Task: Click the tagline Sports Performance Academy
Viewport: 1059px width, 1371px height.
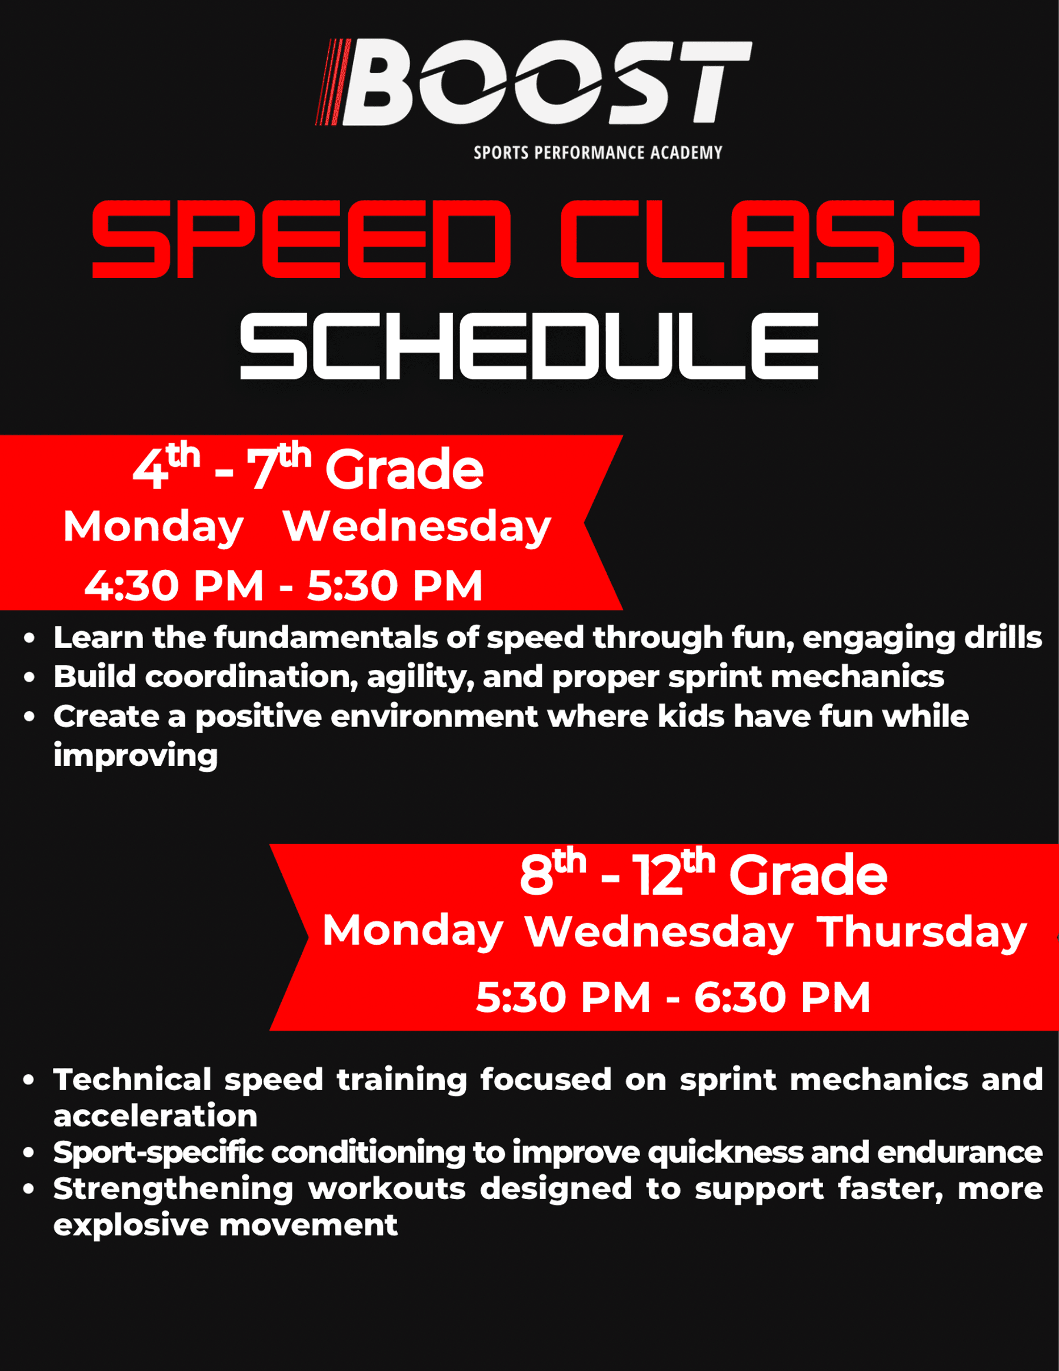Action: pyautogui.click(x=598, y=152)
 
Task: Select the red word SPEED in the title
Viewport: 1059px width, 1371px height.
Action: pyautogui.click(x=302, y=239)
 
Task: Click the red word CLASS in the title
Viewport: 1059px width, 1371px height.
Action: pyautogui.click(x=770, y=239)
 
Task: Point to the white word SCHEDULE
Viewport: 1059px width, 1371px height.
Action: pyautogui.click(x=529, y=346)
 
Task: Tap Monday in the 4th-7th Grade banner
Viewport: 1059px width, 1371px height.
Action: pyautogui.click(x=153, y=527)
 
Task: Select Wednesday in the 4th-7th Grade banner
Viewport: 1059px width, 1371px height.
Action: pyautogui.click(x=417, y=527)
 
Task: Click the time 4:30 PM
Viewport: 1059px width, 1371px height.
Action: pyautogui.click(x=174, y=586)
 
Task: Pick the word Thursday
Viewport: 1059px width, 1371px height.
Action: pyautogui.click(x=921, y=933)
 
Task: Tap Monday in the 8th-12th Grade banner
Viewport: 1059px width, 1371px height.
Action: pyautogui.click(x=413, y=932)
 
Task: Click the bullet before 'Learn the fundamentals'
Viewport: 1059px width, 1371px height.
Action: pyautogui.click(x=29, y=639)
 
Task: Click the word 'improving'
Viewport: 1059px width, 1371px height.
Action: pyautogui.click(x=135, y=756)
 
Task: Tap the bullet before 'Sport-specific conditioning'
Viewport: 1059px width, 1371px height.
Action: pyautogui.click(x=29, y=1153)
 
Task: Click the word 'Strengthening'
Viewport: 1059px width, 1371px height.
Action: pyautogui.click(x=173, y=1190)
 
